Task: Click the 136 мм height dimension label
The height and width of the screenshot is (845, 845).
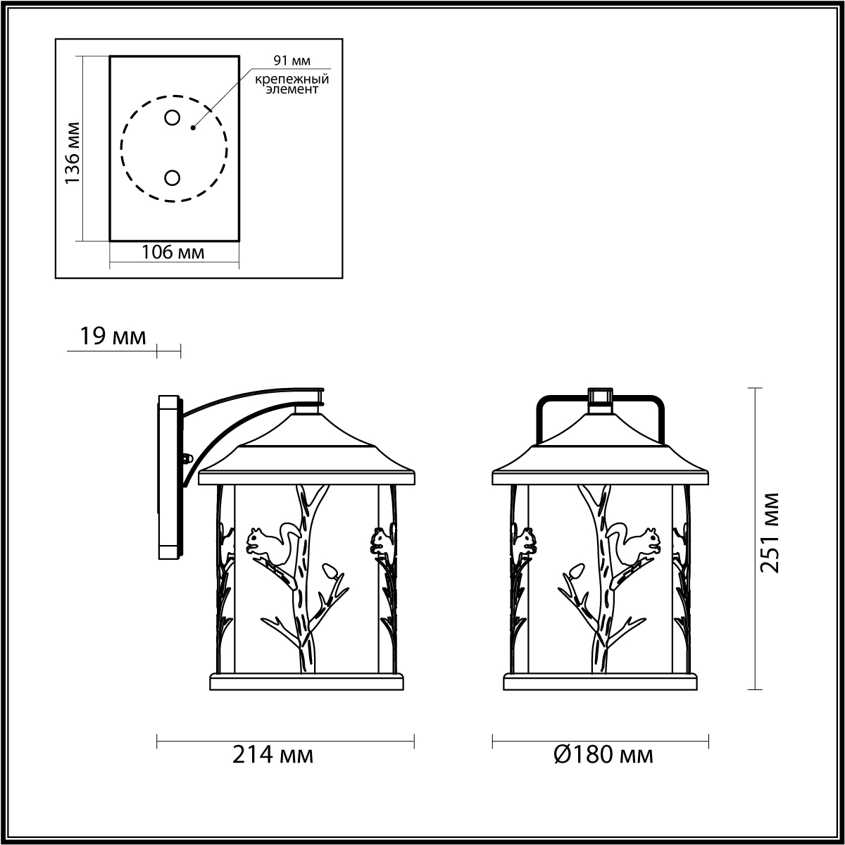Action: [x=73, y=153]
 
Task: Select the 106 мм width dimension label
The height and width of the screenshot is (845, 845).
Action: [x=173, y=252]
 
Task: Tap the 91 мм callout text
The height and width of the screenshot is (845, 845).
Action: [x=292, y=61]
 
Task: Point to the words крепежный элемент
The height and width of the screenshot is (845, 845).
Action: [x=292, y=84]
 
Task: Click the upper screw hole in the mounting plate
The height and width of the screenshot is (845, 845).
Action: [x=172, y=118]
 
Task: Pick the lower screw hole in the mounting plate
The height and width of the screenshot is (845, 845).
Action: [x=172, y=178]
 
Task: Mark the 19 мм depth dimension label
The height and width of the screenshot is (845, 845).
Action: [x=113, y=337]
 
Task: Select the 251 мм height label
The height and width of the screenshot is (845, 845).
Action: [x=770, y=532]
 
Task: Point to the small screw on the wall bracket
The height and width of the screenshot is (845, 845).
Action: [x=189, y=458]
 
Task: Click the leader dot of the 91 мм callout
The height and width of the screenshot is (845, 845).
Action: [x=193, y=128]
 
